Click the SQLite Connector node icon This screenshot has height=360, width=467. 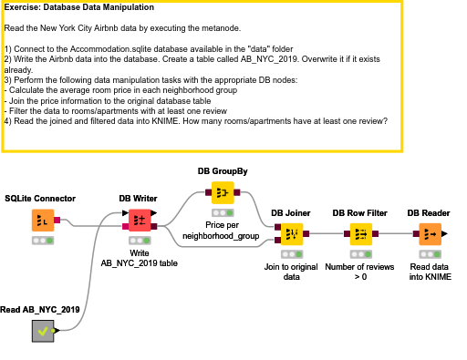tap(41, 220)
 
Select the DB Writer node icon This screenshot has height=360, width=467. tap(139, 220)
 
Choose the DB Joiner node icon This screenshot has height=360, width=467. tap(292, 233)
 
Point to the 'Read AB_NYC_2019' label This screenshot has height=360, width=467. tap(40, 310)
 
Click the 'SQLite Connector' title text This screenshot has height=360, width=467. tap(40, 198)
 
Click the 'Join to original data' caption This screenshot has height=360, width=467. tap(292, 271)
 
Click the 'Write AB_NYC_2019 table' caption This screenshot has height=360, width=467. tap(140, 257)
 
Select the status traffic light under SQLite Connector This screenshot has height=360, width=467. tap(41, 241)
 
